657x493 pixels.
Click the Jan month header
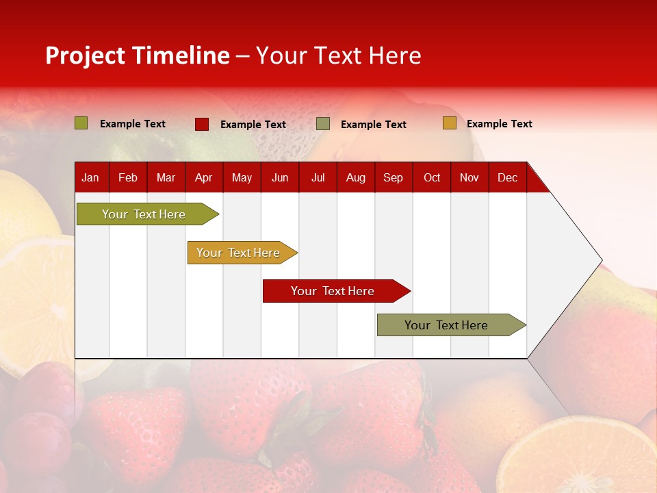[x=90, y=177]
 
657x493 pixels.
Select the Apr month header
[x=203, y=177]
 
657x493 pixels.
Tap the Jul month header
[x=318, y=177]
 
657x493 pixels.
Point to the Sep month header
[x=393, y=177]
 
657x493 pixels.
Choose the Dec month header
[x=507, y=177]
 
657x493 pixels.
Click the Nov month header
[x=469, y=177]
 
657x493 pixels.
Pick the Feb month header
[x=128, y=177]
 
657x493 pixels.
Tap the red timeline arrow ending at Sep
[x=333, y=291]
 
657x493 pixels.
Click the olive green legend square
[x=81, y=123]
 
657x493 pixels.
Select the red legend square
[x=202, y=124]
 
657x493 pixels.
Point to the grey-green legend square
[x=323, y=124]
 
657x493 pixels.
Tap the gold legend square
[x=449, y=123]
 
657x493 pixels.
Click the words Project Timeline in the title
[x=137, y=55]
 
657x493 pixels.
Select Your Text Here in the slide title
[x=338, y=55]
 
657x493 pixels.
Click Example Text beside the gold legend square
[x=499, y=124]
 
